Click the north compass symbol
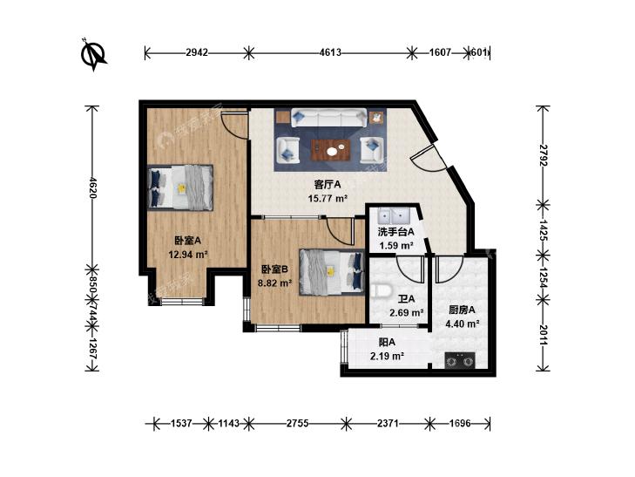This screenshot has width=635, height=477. point(93,54)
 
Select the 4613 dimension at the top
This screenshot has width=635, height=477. point(330,52)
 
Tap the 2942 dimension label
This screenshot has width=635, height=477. point(197,52)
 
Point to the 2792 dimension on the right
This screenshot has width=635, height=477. point(543,155)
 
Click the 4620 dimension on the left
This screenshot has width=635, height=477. point(92,187)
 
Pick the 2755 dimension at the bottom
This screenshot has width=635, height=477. point(298,424)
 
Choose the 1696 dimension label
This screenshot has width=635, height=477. point(460,424)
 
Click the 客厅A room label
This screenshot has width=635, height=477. point(328,185)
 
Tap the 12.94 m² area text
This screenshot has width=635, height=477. point(188,255)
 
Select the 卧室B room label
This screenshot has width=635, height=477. point(274,269)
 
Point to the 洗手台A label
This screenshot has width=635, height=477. point(395,232)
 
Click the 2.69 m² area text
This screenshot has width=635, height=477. point(406,313)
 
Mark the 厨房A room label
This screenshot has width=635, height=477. point(462,310)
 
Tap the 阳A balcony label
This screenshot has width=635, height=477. point(387,343)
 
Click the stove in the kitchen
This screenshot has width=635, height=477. point(460,360)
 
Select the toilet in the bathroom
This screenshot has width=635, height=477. point(381,290)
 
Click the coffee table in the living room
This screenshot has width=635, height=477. point(330,150)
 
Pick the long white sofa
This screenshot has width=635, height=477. point(329,118)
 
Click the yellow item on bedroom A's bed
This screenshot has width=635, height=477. point(182,188)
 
